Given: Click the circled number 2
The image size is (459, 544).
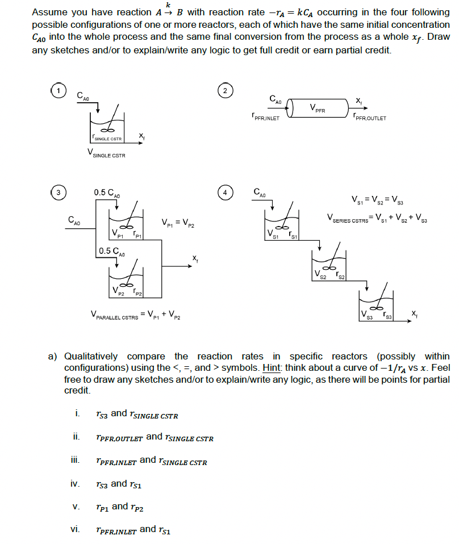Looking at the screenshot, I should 225,91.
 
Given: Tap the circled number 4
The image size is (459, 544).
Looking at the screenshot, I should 226,192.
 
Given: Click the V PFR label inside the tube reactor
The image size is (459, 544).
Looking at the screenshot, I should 318,108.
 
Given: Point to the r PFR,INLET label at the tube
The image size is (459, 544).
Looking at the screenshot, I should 265,119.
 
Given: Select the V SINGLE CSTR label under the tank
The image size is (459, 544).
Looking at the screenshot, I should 106,153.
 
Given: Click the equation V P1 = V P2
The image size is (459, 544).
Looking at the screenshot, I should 178,222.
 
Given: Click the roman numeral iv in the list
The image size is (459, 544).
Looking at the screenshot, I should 74,484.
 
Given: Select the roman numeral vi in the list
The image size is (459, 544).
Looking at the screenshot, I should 74,529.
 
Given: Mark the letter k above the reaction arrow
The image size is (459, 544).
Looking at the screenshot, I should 167,5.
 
